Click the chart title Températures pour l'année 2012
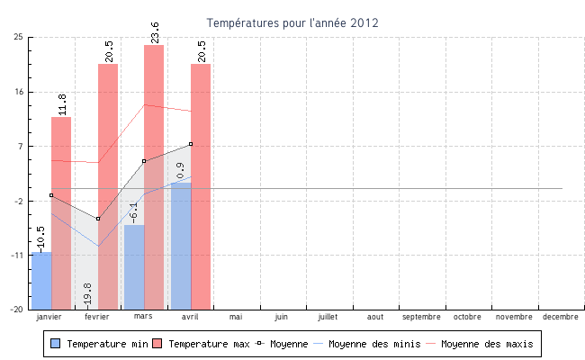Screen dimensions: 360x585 click(x=292, y=22)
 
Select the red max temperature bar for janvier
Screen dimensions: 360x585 click(x=61, y=212)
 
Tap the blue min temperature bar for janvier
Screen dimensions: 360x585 click(x=41, y=280)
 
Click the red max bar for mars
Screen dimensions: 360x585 click(x=154, y=176)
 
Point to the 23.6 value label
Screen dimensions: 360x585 click(x=155, y=31)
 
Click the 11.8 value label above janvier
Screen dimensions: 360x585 click(x=62, y=103)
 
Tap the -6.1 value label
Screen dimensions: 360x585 click(x=135, y=212)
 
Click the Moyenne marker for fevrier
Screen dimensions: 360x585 click(x=98, y=219)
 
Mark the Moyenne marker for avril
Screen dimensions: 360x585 click(x=191, y=144)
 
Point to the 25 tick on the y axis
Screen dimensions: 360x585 click(x=19, y=37)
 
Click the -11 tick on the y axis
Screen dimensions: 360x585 click(x=17, y=256)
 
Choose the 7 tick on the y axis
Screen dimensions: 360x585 click(x=21, y=146)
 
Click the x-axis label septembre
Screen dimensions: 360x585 click(x=421, y=317)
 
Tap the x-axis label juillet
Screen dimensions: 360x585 click(x=328, y=317)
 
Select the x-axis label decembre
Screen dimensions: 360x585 click(x=561, y=317)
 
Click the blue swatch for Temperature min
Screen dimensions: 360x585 click(x=56, y=344)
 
